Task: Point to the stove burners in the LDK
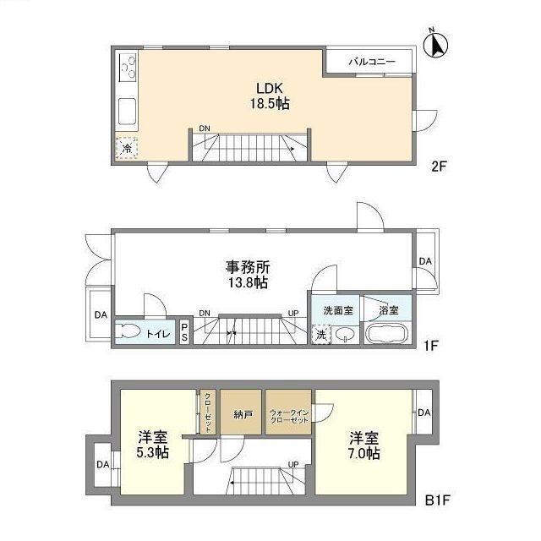pos(129,65)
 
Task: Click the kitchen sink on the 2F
pos(128,111)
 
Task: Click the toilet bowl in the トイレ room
pos(130,332)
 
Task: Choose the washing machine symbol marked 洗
pos(321,334)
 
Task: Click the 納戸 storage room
pos(242,413)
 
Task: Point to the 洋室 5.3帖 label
pos(153,445)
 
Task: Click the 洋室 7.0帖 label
pos(364,445)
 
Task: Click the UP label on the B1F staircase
pos(293,464)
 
